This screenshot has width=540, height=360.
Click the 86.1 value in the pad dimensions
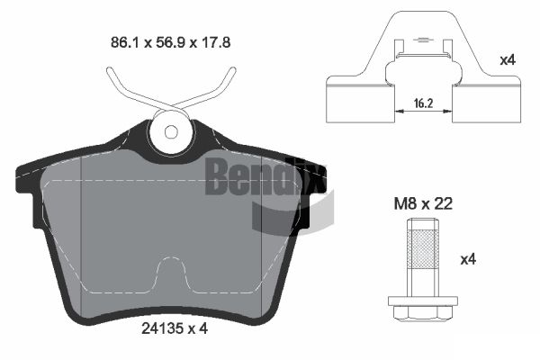(124, 42)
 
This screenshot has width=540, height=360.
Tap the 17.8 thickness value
(216, 42)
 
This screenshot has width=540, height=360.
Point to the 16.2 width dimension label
(423, 103)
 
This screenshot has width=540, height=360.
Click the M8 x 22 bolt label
(423, 204)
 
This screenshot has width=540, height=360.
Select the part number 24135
(163, 328)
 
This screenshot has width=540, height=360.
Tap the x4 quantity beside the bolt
(468, 259)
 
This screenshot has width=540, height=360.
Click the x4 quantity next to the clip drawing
(508, 60)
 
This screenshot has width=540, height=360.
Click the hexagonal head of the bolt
(423, 313)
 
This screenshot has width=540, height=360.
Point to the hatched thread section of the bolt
(423, 249)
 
